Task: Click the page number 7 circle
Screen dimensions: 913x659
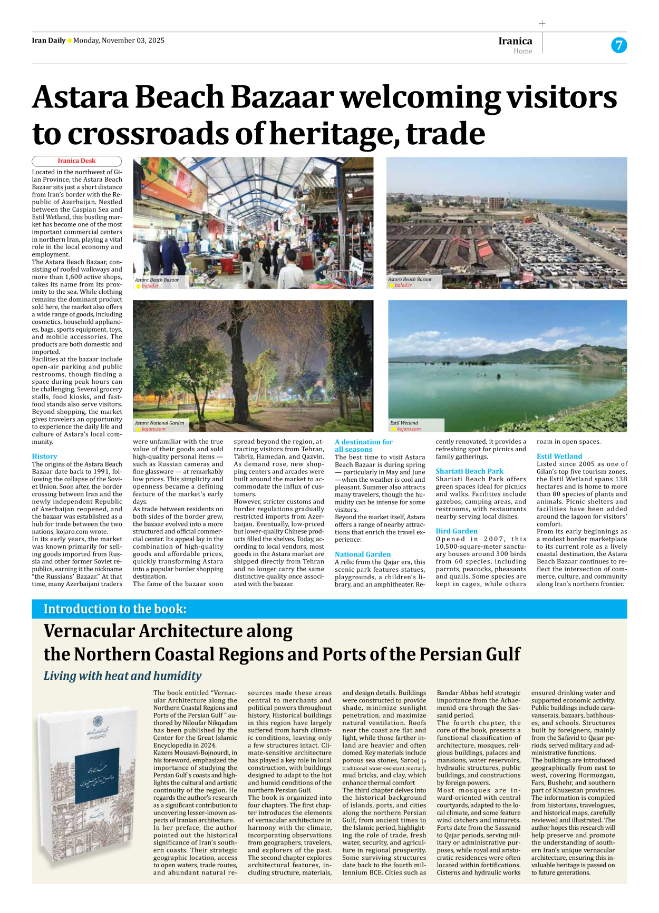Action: click(619, 45)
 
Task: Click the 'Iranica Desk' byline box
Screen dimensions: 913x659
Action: click(76, 161)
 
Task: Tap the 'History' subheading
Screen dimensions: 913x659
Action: click(44, 457)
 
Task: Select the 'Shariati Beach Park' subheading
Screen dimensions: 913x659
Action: click(469, 471)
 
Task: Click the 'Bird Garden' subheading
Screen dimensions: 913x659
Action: click(457, 531)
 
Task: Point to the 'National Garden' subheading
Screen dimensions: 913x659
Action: click(363, 554)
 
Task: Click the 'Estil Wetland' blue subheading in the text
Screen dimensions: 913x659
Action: click(559, 457)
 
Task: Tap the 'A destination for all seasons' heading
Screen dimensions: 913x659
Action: click(363, 445)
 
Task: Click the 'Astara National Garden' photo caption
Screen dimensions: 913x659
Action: click(159, 423)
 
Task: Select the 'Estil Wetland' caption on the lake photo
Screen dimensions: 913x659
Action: click(404, 423)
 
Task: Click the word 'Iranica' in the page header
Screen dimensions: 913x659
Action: click(515, 41)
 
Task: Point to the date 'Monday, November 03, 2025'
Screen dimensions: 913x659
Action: click(119, 41)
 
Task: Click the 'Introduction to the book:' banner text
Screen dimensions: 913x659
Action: click(115, 609)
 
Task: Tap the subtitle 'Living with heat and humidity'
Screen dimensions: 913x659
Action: click(122, 676)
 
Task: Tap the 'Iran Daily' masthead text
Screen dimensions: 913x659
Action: click(49, 41)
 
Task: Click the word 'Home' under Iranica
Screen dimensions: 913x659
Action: click(522, 51)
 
